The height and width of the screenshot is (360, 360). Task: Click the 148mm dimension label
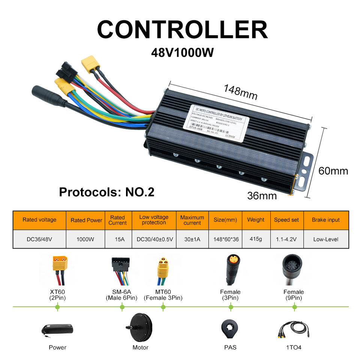240,92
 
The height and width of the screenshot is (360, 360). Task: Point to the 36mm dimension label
262,195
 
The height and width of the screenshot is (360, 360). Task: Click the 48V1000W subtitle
182,52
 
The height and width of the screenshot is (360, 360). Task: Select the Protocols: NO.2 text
106,192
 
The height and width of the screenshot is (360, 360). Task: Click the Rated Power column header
86,220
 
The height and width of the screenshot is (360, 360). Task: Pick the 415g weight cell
255,239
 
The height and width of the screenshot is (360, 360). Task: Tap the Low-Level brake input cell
325,239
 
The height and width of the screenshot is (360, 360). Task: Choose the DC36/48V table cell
39,239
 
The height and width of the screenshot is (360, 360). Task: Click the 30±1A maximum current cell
192,239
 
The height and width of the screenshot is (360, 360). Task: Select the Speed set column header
286,220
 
